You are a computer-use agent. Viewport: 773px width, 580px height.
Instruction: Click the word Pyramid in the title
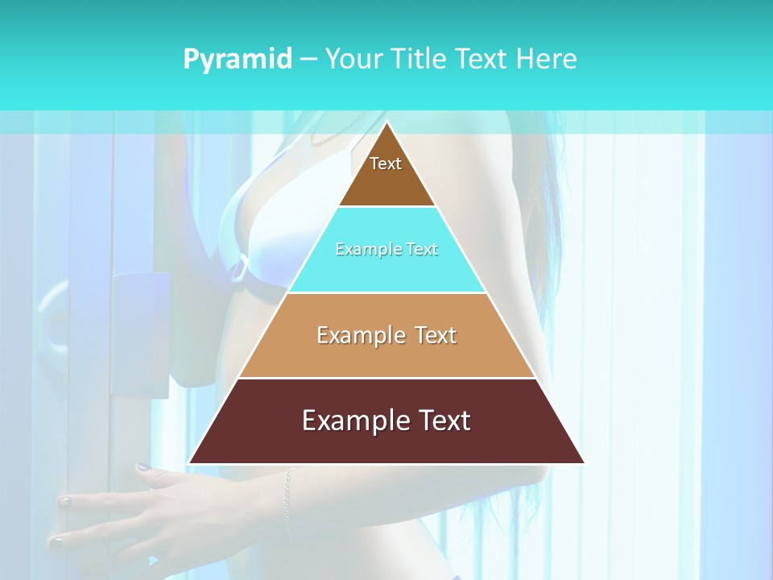coord(238,60)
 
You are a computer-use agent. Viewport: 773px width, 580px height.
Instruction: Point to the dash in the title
coord(308,60)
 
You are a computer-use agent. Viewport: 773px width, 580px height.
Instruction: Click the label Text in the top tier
coord(386,164)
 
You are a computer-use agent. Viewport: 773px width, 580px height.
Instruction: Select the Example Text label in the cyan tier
coord(386,250)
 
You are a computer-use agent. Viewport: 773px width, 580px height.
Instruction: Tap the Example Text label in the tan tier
coord(386,335)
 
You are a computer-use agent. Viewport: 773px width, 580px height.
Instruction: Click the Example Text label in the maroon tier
coord(386,420)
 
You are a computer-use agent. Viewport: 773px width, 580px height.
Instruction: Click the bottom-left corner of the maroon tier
coord(190,462)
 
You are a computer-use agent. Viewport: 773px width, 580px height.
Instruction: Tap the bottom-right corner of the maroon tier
coord(583,462)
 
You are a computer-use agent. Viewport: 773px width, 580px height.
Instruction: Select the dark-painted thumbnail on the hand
coord(143,466)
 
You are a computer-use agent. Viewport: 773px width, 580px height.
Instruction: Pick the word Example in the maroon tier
coord(346,420)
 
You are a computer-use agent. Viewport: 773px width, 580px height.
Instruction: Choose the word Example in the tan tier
coord(355,335)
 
